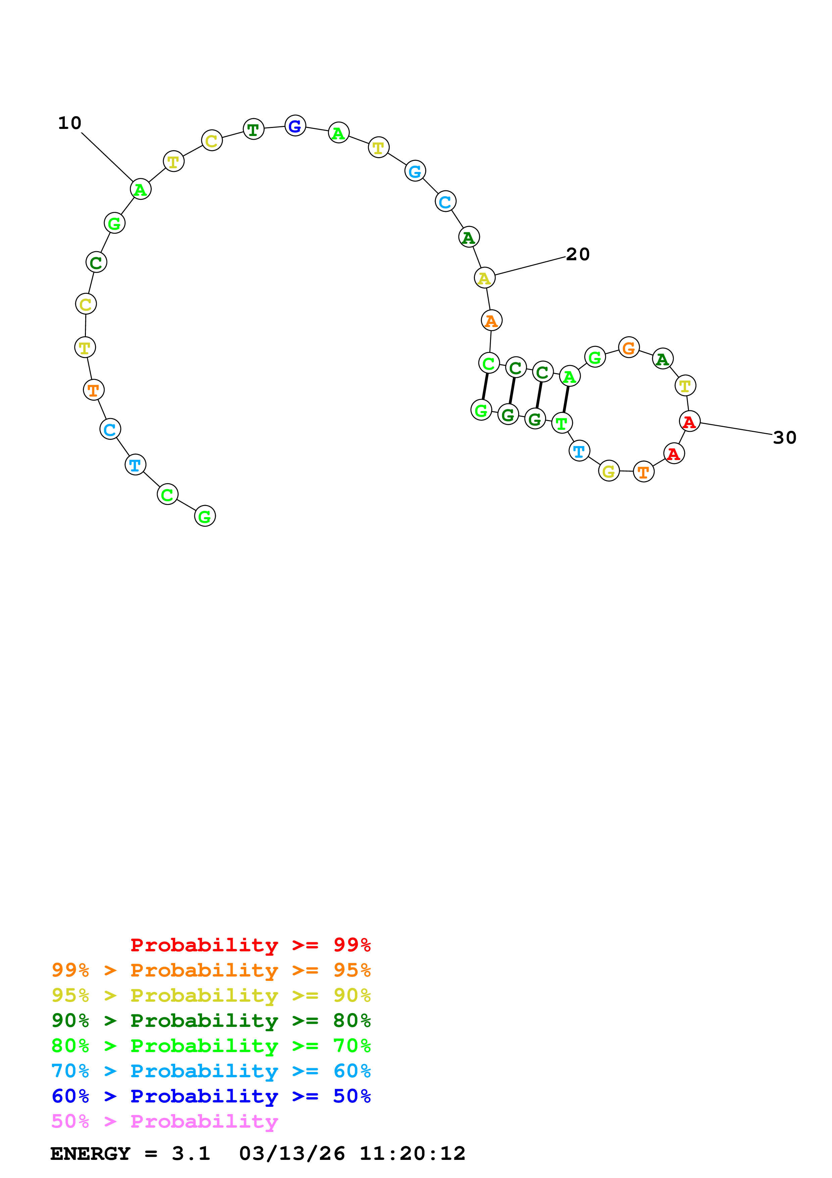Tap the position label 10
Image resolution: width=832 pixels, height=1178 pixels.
pyautogui.click(x=70, y=123)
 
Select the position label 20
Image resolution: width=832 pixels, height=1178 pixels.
pyautogui.click(x=578, y=255)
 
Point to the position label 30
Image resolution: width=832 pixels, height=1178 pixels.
pyautogui.click(x=784, y=438)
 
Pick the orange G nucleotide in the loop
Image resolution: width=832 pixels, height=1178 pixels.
pyautogui.click(x=629, y=348)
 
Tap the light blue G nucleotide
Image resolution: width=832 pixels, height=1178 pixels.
pyautogui.click(x=415, y=171)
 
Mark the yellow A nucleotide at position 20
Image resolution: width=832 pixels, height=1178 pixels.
pyautogui.click(x=484, y=278)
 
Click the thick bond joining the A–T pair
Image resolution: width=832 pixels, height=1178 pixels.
pyautogui.click(x=566, y=399)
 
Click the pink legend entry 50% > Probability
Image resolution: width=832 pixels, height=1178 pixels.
pyautogui.click(x=164, y=1122)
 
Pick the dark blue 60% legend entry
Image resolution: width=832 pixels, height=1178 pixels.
pyautogui.click(x=211, y=1096)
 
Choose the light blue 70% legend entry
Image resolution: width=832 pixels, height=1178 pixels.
pyautogui.click(x=211, y=1071)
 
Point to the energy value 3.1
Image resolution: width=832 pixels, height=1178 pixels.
pyautogui.click(x=191, y=1153)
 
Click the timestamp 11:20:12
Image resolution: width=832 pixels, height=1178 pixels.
pyautogui.click(x=412, y=1153)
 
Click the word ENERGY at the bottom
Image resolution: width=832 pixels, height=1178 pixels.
pyautogui.click(x=90, y=1153)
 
